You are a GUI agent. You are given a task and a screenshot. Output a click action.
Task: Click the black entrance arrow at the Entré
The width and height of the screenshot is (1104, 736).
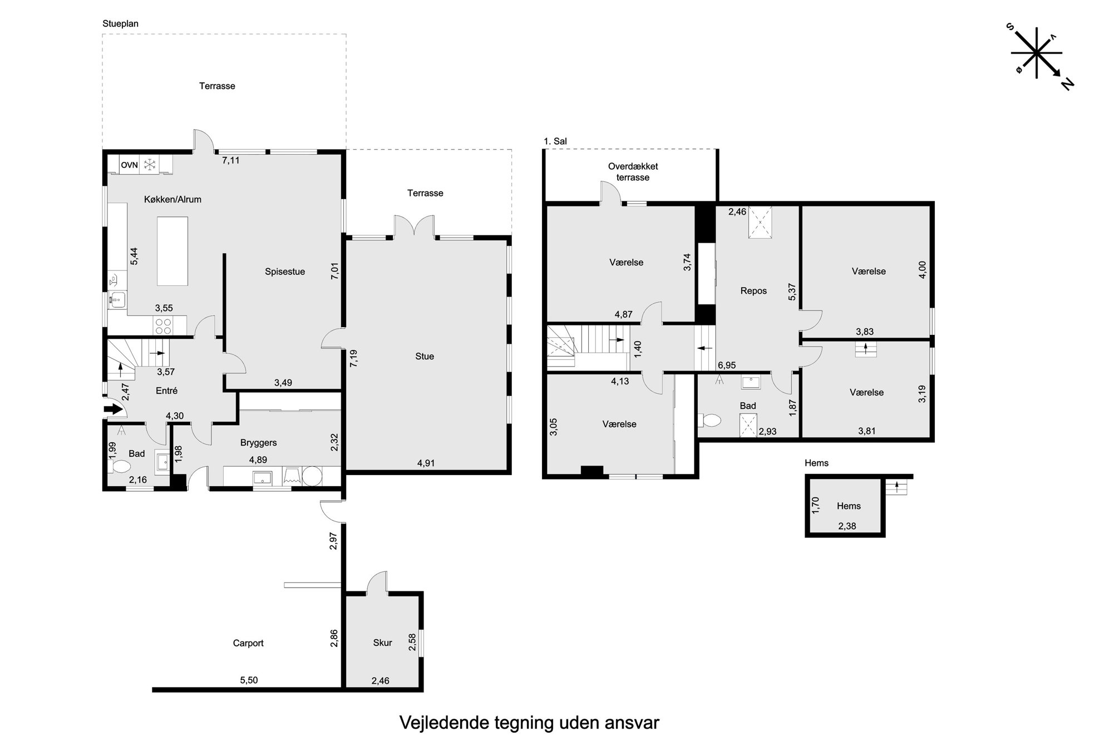pyautogui.click(x=114, y=409)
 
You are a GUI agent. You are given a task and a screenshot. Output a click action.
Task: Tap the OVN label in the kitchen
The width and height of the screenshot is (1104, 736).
pyautogui.click(x=130, y=165)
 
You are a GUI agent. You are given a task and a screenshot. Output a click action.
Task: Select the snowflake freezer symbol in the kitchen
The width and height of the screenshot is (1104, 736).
pyautogui.click(x=149, y=165)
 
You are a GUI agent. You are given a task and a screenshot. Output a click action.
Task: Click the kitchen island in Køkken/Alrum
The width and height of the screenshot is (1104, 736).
pyautogui.click(x=172, y=251)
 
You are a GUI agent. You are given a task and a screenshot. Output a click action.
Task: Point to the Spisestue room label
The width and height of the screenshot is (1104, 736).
pyautogui.click(x=285, y=272)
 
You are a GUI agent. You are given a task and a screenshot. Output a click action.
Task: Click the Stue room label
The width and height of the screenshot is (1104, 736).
pyautogui.click(x=425, y=356)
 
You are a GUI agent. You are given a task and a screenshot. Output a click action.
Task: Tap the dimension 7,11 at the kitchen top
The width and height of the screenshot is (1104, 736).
pyautogui.click(x=231, y=160)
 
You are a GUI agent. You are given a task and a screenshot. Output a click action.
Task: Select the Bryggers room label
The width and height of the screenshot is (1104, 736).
pyautogui.click(x=259, y=443)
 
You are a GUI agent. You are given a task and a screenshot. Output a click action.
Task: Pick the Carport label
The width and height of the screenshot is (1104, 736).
pyautogui.click(x=248, y=643)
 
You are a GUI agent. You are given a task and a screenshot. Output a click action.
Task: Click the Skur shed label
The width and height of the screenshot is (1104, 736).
pyautogui.click(x=383, y=643)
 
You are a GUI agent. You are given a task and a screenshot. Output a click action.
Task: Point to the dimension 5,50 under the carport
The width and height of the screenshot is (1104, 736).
pyautogui.click(x=249, y=680)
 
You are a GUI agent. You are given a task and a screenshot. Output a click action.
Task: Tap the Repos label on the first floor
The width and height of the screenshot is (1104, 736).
pyautogui.click(x=754, y=291)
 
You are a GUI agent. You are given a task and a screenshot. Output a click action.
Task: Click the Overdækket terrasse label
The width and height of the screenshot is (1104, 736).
pyautogui.click(x=633, y=172)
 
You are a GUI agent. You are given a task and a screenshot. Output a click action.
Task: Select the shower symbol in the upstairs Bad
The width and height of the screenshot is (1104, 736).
pyautogui.click(x=748, y=426)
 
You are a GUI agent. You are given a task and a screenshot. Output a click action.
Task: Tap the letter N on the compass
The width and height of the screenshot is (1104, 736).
pyautogui.click(x=1067, y=84)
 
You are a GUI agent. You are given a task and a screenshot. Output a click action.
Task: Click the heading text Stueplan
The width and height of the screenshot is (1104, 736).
pyautogui.click(x=120, y=24)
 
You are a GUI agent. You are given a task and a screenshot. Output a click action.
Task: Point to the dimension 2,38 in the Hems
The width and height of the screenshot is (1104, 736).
pyautogui.click(x=847, y=526)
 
